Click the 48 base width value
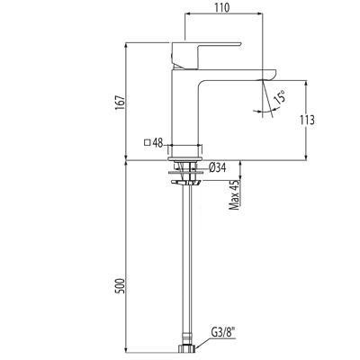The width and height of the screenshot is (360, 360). [x=157, y=142]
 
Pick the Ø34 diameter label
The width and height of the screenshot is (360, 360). [x=216, y=167]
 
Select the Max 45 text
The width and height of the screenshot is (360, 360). [x=235, y=196]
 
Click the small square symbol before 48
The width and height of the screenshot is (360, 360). [x=148, y=142]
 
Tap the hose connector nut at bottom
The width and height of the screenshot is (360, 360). [x=187, y=347]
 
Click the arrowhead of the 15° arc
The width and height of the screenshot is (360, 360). [x=267, y=111]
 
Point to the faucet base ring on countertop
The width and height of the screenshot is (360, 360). [x=187, y=148]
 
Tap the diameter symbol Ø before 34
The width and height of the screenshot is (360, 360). [x=211, y=167]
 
